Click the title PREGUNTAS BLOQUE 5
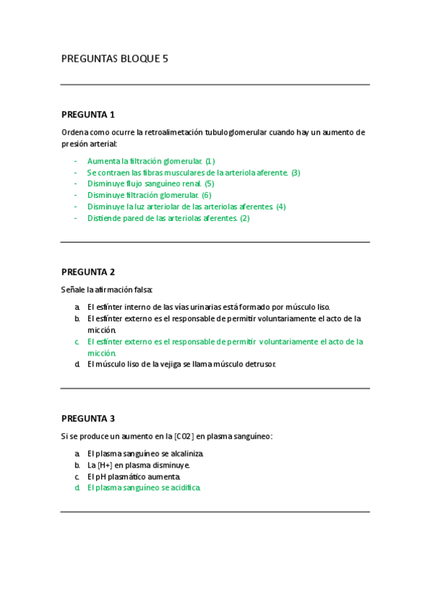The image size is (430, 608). [115, 59]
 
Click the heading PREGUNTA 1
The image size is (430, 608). [88, 115]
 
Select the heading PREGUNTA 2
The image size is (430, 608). [88, 272]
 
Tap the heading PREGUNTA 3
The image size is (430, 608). [88, 419]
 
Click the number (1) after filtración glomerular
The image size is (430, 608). [210, 161]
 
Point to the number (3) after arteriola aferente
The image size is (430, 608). [295, 172]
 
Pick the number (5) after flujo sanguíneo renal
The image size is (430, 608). [209, 184]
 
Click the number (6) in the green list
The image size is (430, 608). [206, 195]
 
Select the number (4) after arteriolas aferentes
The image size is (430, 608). [281, 206]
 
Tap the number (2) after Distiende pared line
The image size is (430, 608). [245, 218]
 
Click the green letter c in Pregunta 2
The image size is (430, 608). [77, 342]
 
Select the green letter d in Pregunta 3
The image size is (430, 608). [77, 488]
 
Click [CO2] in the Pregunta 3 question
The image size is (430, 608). [184, 436]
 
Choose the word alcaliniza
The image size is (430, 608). [186, 453]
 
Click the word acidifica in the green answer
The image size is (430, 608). [183, 488]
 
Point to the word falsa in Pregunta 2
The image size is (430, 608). [141, 290]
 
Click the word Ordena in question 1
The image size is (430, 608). [75, 133]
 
